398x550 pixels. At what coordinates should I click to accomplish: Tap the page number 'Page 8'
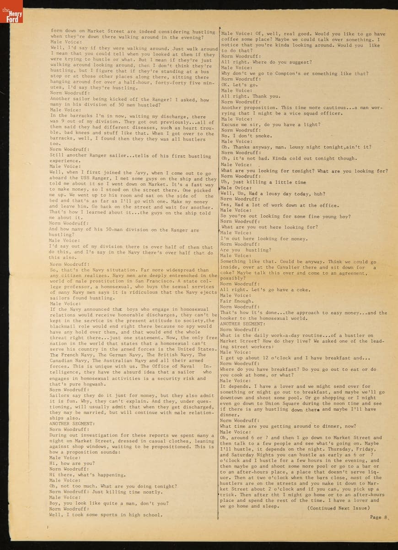click(x=379, y=517)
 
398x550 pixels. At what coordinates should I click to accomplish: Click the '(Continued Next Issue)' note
click(x=339, y=508)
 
